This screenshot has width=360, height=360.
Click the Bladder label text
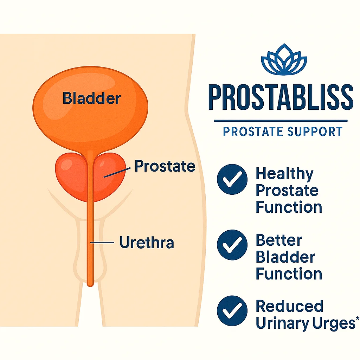click(x=91, y=98)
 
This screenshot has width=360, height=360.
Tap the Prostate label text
click(x=165, y=166)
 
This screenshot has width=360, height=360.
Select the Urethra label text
click(x=147, y=243)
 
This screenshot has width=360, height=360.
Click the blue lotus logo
click(x=284, y=60)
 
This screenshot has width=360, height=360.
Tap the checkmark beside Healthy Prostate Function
click(x=232, y=179)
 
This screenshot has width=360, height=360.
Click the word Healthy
click(x=284, y=174)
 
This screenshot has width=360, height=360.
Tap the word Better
click(x=278, y=240)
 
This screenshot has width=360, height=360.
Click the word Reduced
click(x=289, y=306)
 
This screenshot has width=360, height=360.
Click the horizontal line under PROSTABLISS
click(x=280, y=121)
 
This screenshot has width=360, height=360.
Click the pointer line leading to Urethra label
click(x=103, y=242)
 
